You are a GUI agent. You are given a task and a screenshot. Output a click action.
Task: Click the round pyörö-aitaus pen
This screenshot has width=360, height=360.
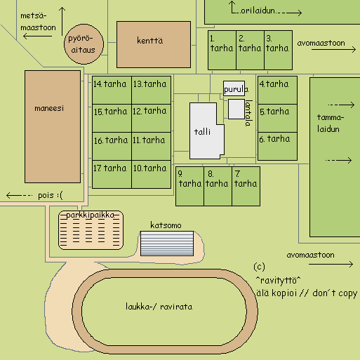(x=84, y=44)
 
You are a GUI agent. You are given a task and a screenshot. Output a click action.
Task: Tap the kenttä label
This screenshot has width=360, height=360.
(x=150, y=41)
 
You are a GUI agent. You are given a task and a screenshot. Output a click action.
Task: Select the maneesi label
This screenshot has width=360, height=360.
(x=49, y=108)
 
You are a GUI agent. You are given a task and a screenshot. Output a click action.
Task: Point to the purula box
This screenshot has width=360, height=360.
(x=234, y=88)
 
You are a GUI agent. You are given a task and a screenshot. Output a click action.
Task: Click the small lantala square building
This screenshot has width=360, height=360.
(x=236, y=109)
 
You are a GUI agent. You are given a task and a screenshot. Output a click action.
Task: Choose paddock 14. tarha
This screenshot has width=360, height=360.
(x=112, y=90)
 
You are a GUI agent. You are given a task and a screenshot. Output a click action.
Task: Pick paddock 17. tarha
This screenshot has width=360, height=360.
(x=112, y=174)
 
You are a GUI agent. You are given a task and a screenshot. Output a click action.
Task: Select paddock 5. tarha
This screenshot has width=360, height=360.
(x=277, y=118)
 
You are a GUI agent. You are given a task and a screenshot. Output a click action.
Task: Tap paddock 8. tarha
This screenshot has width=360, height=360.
(x=218, y=186)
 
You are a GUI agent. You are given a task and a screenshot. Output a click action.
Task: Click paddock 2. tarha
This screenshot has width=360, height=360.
(x=250, y=50)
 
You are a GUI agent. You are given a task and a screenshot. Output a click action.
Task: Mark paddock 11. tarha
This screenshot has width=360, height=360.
(x=151, y=146)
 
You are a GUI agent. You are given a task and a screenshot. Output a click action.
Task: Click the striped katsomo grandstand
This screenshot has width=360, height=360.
(x=167, y=244)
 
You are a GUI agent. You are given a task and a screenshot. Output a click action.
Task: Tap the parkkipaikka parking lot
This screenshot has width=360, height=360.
(x=91, y=230)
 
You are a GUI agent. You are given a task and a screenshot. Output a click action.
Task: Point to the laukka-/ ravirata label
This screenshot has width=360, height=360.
(x=159, y=307)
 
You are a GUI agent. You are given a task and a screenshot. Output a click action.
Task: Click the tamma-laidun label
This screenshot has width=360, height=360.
(x=331, y=123)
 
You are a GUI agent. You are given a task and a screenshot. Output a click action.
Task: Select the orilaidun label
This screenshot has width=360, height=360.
(x=258, y=11)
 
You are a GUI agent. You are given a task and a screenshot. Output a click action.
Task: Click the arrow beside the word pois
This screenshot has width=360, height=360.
(x=19, y=195)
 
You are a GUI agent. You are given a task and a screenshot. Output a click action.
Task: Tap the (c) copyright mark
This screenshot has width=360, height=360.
(x=260, y=267)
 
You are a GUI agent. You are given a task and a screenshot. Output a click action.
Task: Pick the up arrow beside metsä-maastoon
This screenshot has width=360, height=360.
(x=62, y=21)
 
